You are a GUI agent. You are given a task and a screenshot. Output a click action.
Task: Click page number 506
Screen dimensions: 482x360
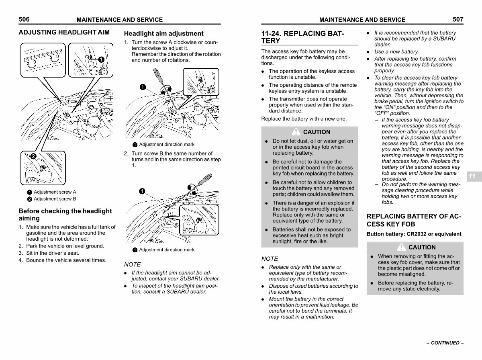(x=24, y=19)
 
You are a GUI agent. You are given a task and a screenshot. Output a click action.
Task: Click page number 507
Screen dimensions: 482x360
(x=458, y=19)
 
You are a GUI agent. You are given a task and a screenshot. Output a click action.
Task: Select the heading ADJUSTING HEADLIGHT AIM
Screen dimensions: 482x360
(x=64, y=32)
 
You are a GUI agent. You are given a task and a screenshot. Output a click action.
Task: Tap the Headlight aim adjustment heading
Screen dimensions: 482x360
(x=163, y=33)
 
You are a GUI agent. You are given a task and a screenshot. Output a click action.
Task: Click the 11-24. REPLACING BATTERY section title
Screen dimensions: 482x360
(x=302, y=37)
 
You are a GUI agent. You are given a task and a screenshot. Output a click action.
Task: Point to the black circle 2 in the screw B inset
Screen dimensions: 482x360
(x=33, y=156)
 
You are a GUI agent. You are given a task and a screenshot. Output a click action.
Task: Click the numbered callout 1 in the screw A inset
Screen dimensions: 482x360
(x=101, y=59)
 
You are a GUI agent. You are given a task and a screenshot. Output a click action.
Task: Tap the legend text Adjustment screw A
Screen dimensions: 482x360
(x=55, y=192)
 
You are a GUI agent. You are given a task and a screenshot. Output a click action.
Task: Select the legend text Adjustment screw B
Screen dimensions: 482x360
(x=55, y=199)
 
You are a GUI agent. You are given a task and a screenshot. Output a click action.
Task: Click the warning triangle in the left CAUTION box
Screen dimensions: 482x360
(x=296, y=131)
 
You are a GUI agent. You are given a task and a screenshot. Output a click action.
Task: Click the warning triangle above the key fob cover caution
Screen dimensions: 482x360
(x=401, y=247)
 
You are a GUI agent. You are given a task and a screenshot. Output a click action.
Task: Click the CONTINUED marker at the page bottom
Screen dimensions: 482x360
(x=445, y=343)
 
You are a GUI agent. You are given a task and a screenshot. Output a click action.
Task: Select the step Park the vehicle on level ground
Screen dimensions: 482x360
(x=65, y=246)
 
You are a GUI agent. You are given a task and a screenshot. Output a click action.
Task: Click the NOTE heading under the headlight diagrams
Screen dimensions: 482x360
(x=133, y=264)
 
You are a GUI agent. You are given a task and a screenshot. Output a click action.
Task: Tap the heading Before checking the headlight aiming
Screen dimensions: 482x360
(x=65, y=215)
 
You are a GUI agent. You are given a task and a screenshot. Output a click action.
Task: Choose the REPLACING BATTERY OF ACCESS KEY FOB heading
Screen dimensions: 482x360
(x=414, y=220)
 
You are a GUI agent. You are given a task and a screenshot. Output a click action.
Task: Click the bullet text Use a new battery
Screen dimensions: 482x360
(x=396, y=51)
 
